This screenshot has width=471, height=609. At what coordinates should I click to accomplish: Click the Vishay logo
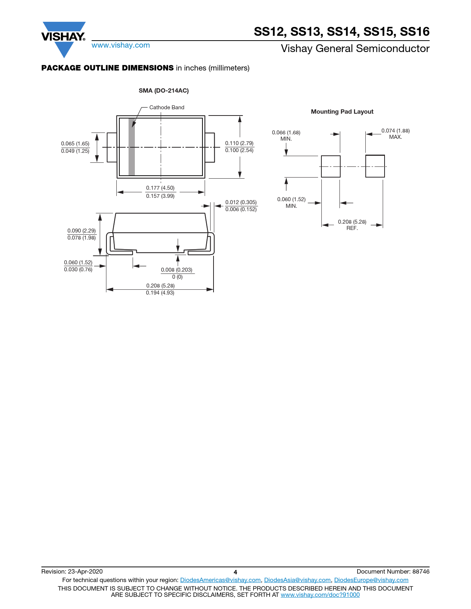point(64,39)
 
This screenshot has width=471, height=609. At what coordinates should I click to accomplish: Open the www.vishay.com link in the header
point(121,45)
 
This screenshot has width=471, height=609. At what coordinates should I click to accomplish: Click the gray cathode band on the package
point(132,147)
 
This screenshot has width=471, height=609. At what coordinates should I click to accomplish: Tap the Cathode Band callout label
point(167,107)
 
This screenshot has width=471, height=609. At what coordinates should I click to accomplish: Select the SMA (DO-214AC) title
point(164,90)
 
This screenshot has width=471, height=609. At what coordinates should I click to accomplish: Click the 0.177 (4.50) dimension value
point(160,188)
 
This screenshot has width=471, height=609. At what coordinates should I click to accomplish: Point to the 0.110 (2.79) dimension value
point(239,143)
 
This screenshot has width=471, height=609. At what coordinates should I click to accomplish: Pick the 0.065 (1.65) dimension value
point(75,144)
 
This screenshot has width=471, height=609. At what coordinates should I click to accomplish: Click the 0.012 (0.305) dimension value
point(241,202)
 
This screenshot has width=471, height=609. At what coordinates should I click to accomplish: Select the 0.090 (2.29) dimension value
point(81,231)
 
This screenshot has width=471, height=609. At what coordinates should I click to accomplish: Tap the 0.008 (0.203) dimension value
point(177,269)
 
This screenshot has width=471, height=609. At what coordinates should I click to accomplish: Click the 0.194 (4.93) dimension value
point(160,293)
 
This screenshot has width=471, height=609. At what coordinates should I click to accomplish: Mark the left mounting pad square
point(331,166)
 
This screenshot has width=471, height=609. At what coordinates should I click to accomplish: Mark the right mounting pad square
point(375,166)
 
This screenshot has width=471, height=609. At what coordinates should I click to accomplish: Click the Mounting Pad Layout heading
point(342,111)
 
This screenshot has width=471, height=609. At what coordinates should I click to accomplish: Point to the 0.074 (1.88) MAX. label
point(395,134)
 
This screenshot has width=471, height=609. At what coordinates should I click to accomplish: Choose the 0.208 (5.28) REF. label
point(352,225)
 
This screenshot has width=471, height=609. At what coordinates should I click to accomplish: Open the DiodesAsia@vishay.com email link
point(297,580)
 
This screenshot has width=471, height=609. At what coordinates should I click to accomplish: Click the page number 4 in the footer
point(235,572)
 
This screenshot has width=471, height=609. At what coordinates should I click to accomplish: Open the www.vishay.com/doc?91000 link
point(320,595)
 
